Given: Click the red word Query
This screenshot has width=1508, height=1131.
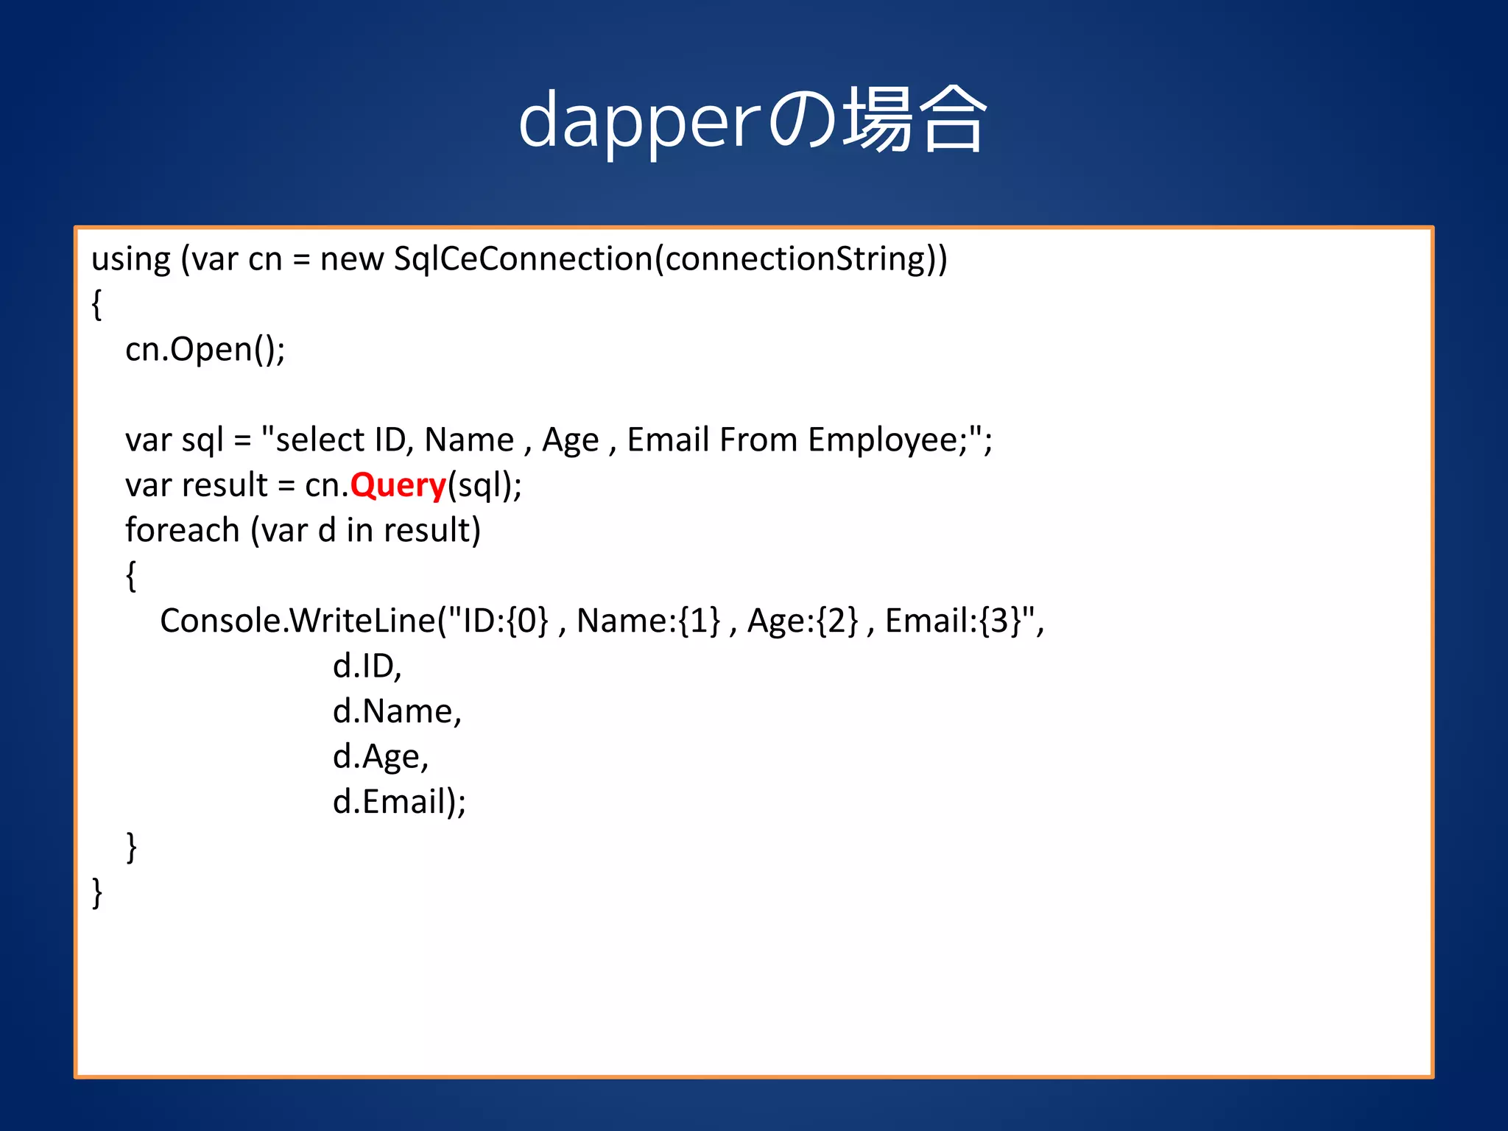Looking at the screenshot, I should click(398, 486).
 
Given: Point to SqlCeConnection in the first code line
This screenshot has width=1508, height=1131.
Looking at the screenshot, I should click(523, 259).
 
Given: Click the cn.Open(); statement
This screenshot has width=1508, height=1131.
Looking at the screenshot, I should click(205, 350).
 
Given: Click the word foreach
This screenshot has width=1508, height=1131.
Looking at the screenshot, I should click(182, 531).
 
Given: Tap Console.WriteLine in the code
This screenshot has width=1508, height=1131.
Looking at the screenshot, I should click(298, 621).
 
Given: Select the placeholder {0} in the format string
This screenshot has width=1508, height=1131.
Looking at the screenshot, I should click(527, 621).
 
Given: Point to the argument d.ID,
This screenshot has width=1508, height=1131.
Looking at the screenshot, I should click(367, 667).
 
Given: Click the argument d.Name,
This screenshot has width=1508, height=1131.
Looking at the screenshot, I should click(397, 712).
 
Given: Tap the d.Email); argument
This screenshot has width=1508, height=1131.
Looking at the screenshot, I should click(399, 803).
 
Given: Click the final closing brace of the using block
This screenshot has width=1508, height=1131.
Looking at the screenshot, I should click(96, 892).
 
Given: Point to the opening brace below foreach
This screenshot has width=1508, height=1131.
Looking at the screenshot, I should click(131, 576).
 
